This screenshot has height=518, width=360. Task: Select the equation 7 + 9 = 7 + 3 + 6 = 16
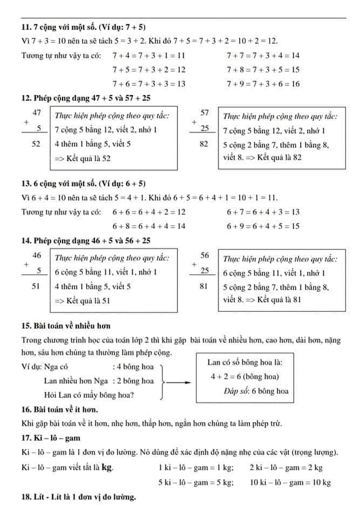[263, 84]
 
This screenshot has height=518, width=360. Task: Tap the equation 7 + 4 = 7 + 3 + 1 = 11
[149, 55]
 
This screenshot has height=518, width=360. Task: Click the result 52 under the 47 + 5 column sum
[37, 144]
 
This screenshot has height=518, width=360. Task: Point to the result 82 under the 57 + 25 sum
[205, 144]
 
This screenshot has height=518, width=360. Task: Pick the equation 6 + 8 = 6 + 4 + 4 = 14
[149, 226]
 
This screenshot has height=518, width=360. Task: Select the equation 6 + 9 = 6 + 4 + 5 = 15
[263, 226]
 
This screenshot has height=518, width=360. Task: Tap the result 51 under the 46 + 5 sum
[37, 287]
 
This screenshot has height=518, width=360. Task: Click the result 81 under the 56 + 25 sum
[205, 287]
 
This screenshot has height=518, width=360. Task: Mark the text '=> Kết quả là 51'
[83, 301]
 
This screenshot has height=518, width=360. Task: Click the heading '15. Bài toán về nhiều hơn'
[66, 325]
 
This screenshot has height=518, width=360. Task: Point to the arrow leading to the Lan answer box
[179, 382]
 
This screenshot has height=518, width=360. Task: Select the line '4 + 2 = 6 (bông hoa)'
[244, 377]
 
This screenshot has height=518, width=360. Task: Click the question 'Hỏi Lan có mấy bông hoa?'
[89, 396]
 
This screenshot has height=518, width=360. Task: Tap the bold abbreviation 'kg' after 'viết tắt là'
[107, 467]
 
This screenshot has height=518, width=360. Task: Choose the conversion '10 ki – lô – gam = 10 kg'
[290, 482]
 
